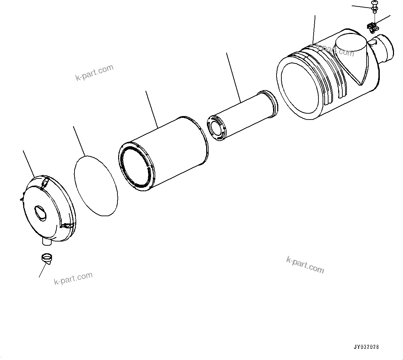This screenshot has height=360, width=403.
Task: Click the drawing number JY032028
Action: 367,346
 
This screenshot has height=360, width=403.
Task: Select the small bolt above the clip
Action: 375,5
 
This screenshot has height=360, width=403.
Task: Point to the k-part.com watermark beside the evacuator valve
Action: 73,278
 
